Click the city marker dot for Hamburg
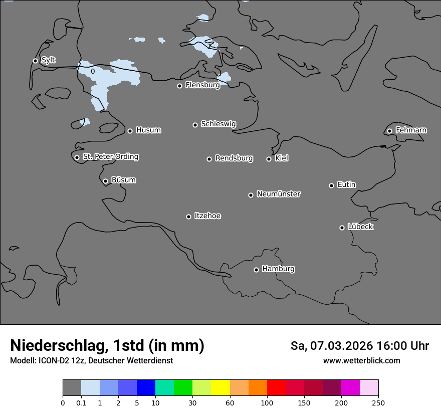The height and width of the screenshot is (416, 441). pos(256,270)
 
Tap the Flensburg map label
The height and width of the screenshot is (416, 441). pos(202,85)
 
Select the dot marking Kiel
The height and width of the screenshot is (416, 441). pos(269,159)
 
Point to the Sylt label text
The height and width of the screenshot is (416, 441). pos(48,60)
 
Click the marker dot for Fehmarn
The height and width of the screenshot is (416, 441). pos(389,131)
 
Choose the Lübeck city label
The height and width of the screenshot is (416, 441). pos(360,227)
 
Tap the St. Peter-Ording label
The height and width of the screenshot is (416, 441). pos(110,157)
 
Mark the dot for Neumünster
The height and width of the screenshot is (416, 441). pos(251,195)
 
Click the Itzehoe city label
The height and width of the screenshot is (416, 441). pos(207,216)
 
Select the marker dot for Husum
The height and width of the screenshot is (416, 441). pos(130,131)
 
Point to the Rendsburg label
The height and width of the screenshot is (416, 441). pos(234,158)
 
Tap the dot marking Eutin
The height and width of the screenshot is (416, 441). pos(331,185)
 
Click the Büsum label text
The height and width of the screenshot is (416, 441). pos(123,180)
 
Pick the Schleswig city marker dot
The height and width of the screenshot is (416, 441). pos(195,125)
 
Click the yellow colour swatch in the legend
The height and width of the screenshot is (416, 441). pos(220,388)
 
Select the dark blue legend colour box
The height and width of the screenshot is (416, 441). pos(146,388)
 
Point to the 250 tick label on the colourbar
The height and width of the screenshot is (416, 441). pos(378,402)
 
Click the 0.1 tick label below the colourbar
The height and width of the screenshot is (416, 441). pos(81,402)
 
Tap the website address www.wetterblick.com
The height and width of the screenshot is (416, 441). pos(361,361)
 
